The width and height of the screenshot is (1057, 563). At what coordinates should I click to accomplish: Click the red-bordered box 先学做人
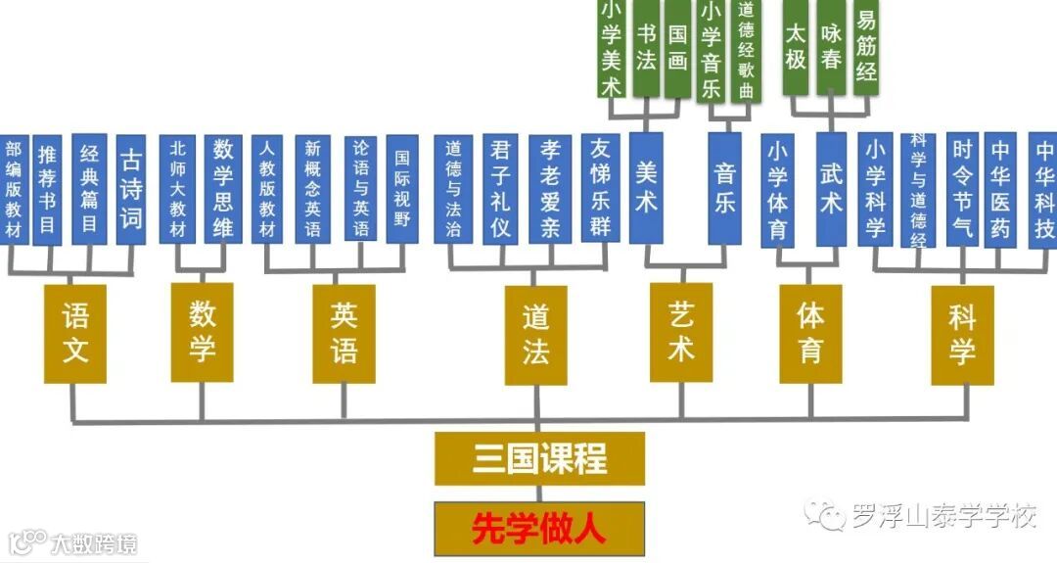point(539,529)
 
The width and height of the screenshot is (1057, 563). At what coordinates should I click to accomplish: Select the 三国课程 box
point(539,458)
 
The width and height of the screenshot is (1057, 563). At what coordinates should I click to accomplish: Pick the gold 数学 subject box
point(202,332)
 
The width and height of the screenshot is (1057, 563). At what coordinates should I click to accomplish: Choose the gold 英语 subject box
point(344,333)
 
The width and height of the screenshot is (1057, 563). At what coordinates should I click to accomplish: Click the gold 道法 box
point(535,334)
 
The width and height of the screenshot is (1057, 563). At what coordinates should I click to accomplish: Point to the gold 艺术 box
point(681,332)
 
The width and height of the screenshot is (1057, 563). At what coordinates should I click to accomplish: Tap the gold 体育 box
point(810,333)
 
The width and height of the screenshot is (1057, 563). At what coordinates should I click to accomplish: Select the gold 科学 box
point(962,334)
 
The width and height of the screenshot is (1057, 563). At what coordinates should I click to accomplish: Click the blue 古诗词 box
point(130,188)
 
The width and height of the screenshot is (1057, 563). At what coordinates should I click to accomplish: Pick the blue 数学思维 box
point(223,188)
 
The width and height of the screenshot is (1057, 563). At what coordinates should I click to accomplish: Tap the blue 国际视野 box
point(402,188)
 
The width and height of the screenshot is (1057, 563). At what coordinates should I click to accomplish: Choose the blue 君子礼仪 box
point(500,188)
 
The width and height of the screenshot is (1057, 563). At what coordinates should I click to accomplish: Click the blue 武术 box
point(831,188)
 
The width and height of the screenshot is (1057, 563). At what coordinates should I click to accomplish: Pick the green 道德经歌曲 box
point(747,49)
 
